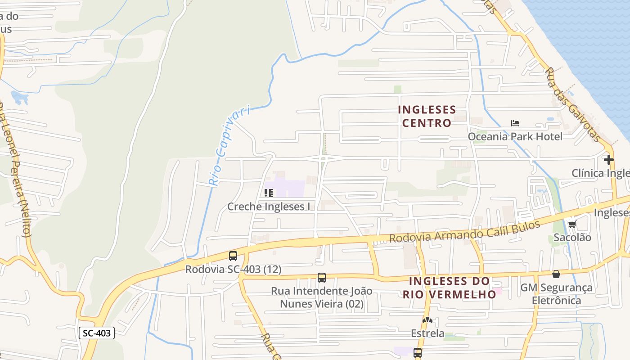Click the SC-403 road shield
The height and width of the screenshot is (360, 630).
(97, 333)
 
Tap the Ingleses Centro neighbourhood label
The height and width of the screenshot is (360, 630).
(427, 117)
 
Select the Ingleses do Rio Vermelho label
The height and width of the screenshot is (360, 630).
(449, 288)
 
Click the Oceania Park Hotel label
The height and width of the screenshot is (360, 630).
(515, 136)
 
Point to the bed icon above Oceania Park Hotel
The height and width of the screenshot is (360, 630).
(515, 123)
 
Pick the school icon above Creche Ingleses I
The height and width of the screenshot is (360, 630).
(269, 193)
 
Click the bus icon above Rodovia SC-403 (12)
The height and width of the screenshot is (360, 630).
(233, 256)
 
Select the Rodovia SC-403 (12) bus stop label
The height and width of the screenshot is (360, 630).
(233, 270)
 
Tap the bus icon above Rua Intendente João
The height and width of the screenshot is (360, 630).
(322, 277)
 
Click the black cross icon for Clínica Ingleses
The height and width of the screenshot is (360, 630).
(609, 160)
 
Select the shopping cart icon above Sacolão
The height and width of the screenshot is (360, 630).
(572, 224)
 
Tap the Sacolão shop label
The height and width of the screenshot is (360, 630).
(572, 237)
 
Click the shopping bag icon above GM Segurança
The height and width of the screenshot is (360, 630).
(556, 274)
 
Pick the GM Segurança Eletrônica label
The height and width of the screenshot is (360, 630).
(556, 293)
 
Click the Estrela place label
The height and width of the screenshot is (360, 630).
(427, 333)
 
